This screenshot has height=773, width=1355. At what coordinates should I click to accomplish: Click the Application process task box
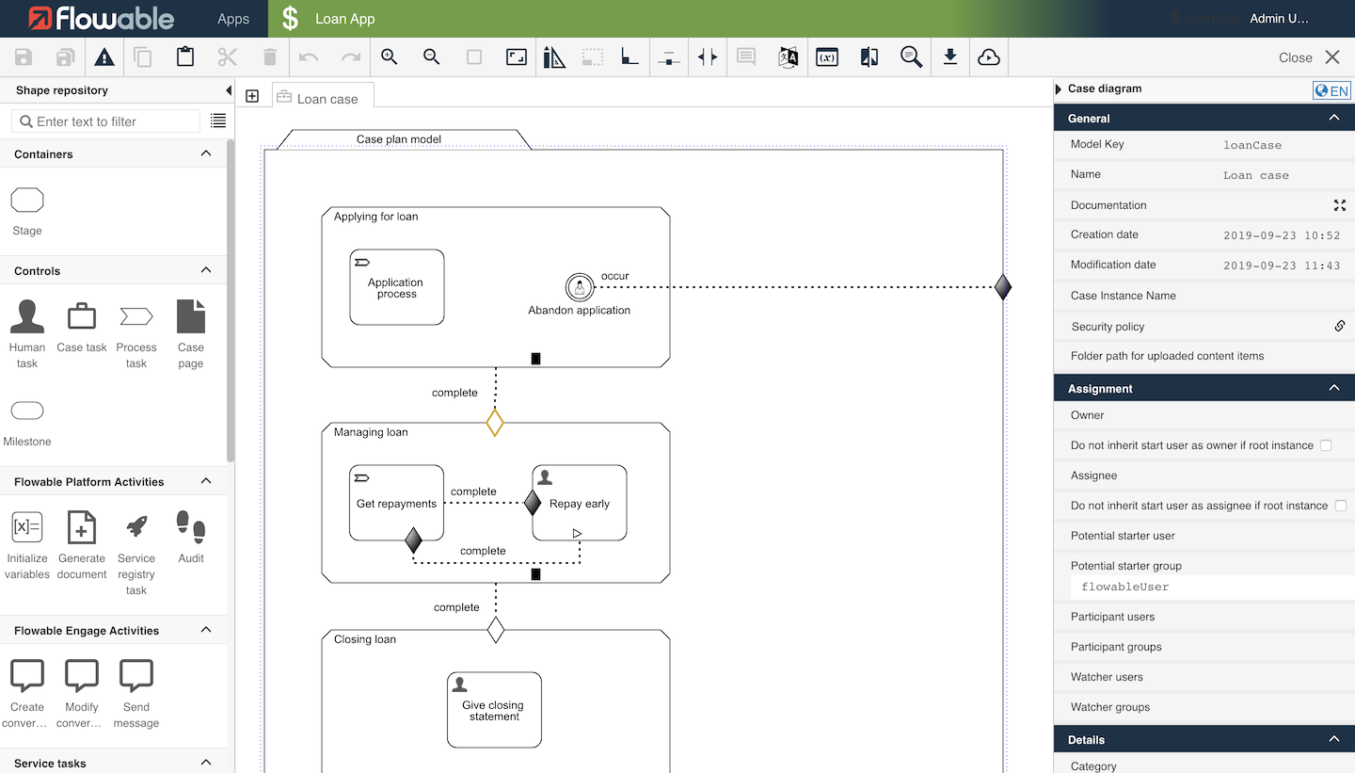pyautogui.click(x=396, y=287)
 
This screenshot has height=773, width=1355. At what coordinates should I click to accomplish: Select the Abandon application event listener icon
pyautogui.click(x=579, y=286)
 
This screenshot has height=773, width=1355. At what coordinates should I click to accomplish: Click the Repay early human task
pyautogui.click(x=579, y=503)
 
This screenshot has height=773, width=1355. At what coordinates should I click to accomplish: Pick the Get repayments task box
pyautogui.click(x=396, y=503)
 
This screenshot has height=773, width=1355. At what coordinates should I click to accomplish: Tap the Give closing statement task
pyautogui.click(x=494, y=710)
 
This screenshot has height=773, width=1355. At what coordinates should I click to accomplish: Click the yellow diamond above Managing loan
pyautogui.click(x=495, y=423)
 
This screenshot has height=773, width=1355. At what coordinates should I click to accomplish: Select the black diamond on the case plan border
pyautogui.click(x=1003, y=286)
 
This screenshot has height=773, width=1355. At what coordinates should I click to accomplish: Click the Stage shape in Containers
pyautogui.click(x=27, y=201)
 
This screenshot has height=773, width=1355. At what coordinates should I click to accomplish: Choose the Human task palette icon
pyautogui.click(x=27, y=317)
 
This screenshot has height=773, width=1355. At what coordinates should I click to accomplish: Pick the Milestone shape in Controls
pyautogui.click(x=27, y=411)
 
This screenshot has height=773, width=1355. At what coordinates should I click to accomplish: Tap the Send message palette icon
pyautogui.click(x=136, y=676)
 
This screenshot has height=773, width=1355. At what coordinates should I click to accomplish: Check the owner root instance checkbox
pyautogui.click(x=1326, y=445)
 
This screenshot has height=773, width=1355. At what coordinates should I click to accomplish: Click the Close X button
pyautogui.click(x=1332, y=57)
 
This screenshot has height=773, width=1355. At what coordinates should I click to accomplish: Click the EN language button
pyautogui.click(x=1331, y=90)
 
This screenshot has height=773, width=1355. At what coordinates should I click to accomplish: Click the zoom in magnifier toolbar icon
pyautogui.click(x=389, y=56)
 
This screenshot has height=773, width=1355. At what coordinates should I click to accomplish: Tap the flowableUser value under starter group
pyautogui.click(x=1125, y=587)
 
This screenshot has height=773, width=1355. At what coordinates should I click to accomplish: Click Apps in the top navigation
pyautogui.click(x=233, y=19)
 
